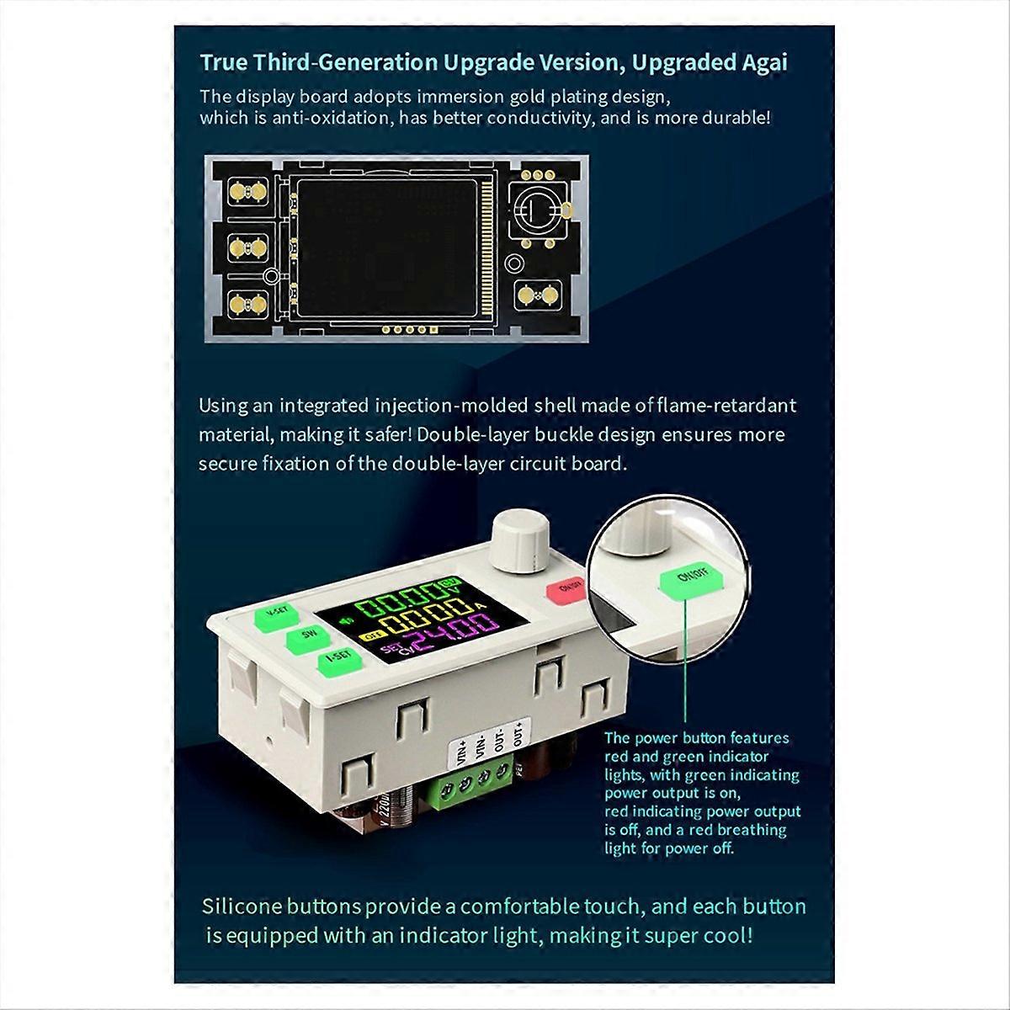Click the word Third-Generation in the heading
tap(348, 63)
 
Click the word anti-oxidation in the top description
tap(320, 118)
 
